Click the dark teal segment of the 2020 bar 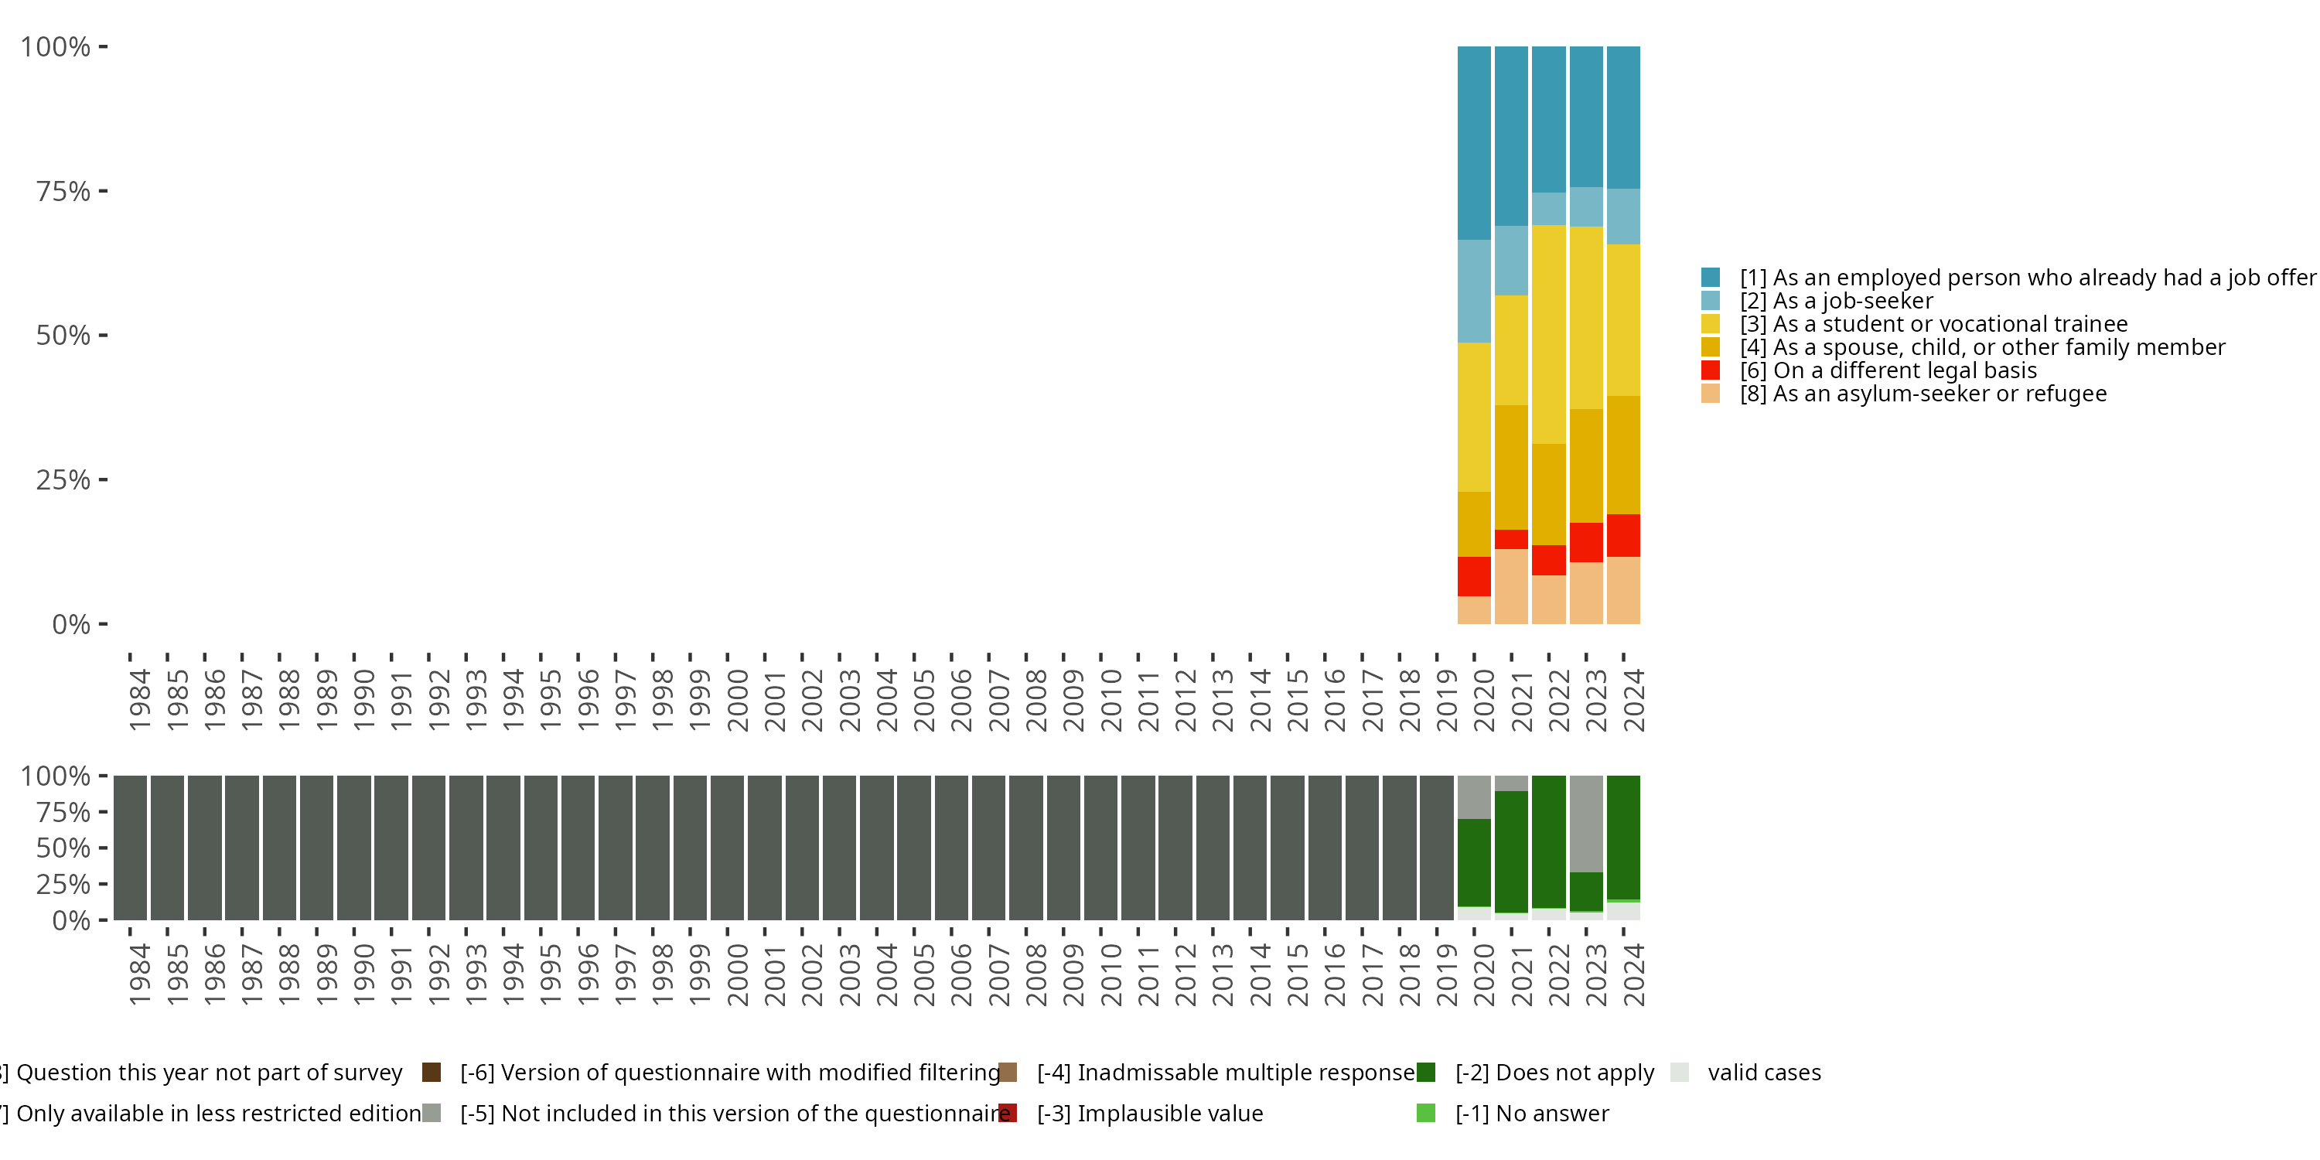[1473, 142]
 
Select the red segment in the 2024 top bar [1623, 535]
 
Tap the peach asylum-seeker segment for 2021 [1511, 586]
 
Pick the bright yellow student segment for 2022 [1548, 334]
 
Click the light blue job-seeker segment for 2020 [1473, 291]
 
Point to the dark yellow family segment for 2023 [1586, 466]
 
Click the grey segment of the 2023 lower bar [1586, 823]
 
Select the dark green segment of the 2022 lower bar [1548, 841]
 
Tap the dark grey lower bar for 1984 [131, 848]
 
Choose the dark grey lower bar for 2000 [728, 848]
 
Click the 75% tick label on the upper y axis [63, 191]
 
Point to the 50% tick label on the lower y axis [63, 848]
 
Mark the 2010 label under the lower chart [1111, 974]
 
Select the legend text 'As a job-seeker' [1853, 301]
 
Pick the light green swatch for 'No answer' [1426, 1113]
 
